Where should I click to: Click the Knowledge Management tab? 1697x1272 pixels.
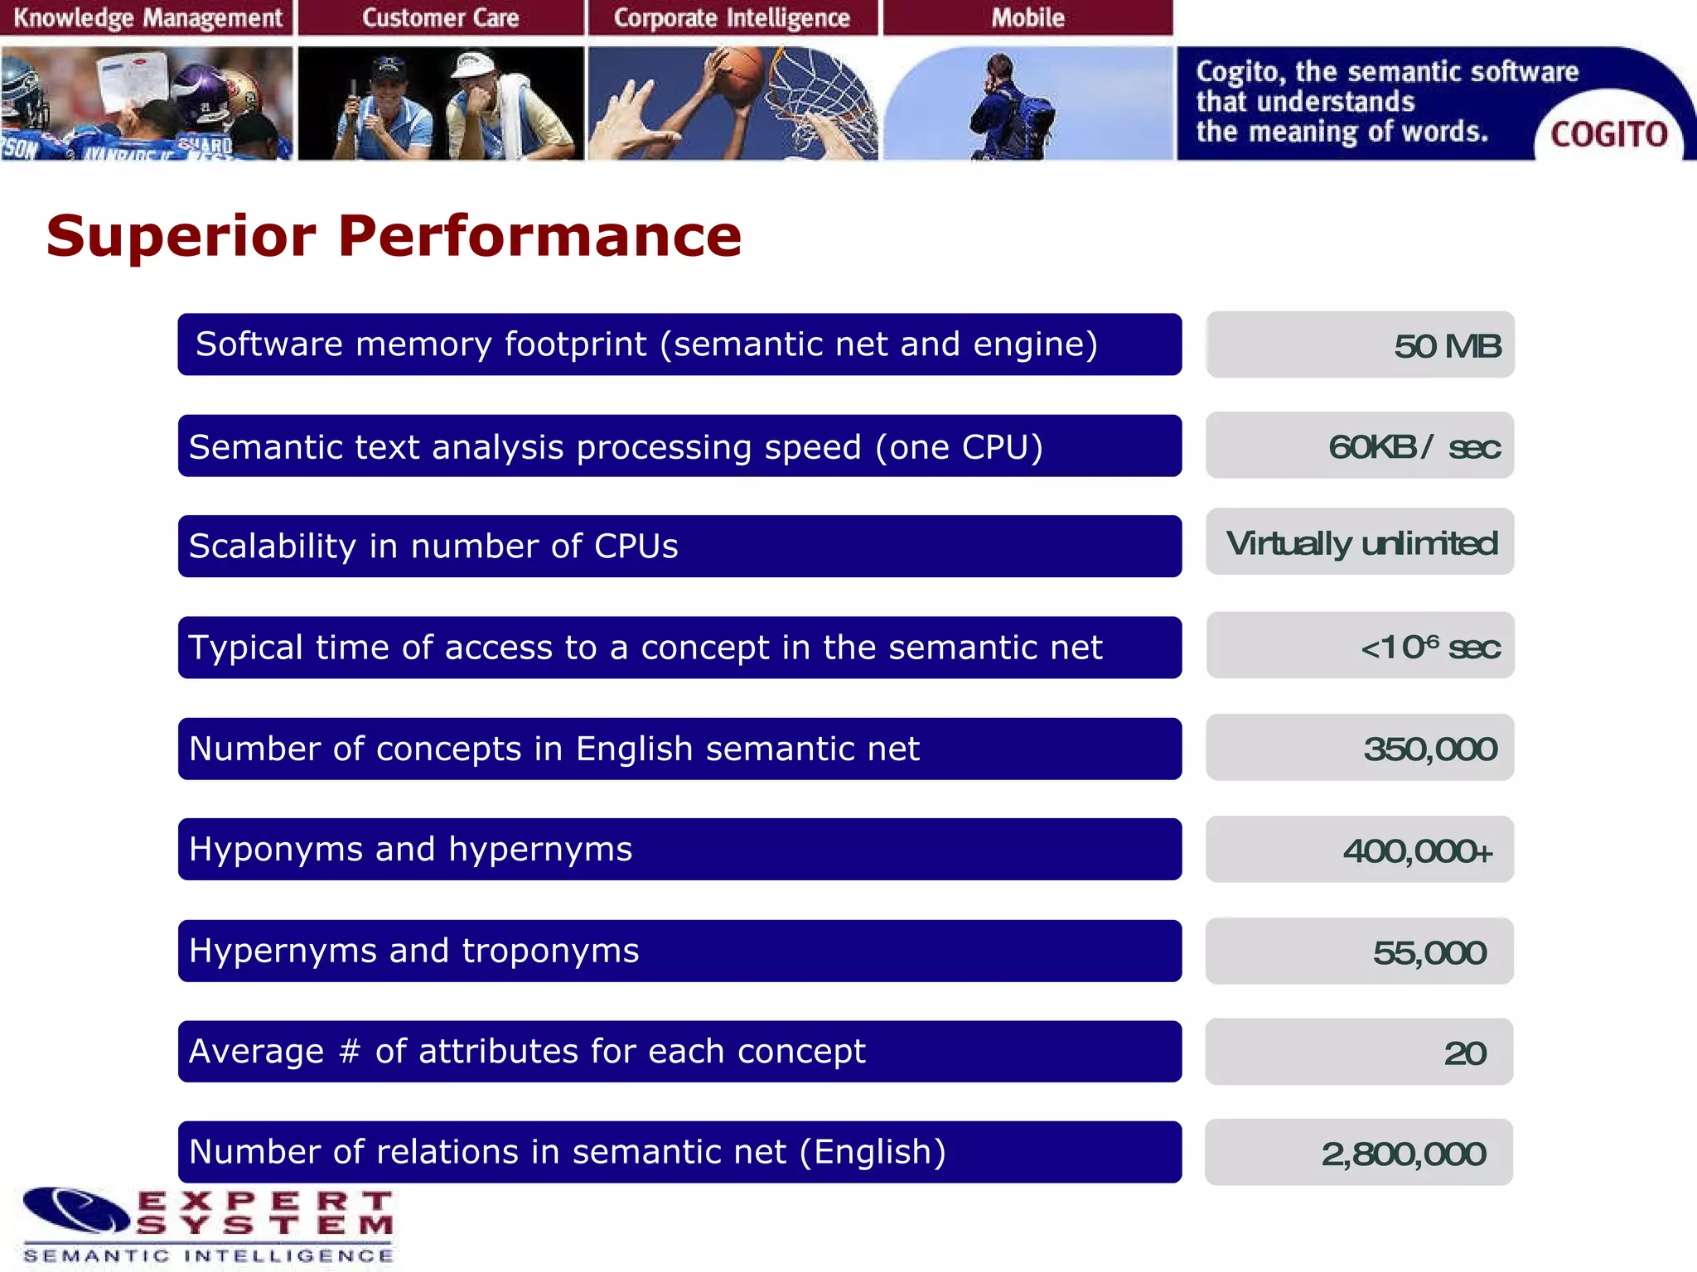147,17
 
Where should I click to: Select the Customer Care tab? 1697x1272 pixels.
440,17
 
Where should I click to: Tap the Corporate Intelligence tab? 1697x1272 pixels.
732,17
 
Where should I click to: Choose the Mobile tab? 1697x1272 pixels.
1027,17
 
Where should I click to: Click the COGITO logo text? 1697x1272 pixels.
1608,134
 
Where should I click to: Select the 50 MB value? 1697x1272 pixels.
1447,346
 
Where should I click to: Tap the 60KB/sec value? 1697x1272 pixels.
1414,447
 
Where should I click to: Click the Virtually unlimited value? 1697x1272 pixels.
1361,543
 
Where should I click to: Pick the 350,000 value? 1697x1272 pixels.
1429,749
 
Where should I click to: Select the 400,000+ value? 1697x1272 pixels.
1418,850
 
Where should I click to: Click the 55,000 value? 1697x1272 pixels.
1429,952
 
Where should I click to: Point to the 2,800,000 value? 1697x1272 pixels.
1403,1154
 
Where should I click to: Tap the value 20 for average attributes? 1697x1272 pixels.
1464,1053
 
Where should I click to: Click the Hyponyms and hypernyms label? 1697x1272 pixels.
410,850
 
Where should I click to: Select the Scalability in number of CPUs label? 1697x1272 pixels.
433,547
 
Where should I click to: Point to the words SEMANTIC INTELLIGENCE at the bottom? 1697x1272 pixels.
209,1255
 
